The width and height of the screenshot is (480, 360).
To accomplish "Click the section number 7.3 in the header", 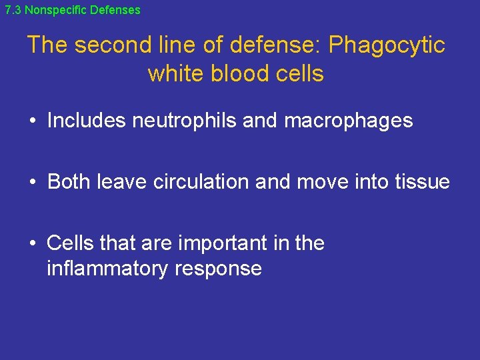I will tap(13, 10).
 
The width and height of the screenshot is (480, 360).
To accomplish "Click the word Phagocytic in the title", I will tap(387, 45).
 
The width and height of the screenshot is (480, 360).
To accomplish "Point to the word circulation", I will tap(201, 181).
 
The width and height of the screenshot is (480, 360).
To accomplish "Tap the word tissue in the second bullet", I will tap(423, 181).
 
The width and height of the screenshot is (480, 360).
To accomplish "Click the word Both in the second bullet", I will tap(69, 181).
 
